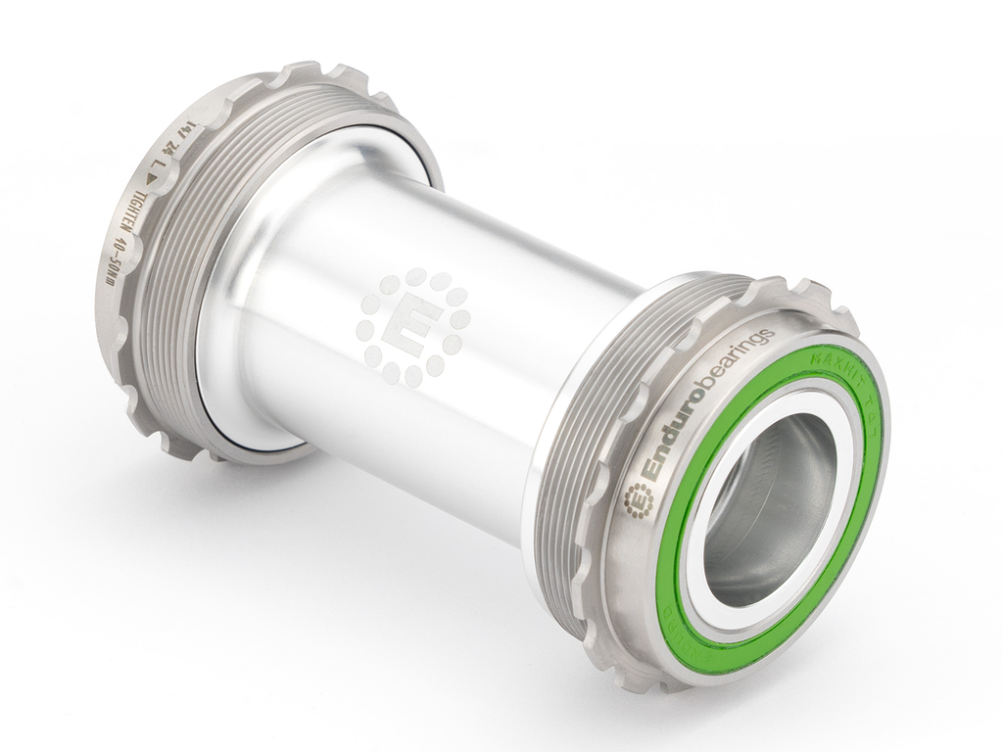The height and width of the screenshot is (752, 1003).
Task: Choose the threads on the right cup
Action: pyautogui.click(x=588, y=431)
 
